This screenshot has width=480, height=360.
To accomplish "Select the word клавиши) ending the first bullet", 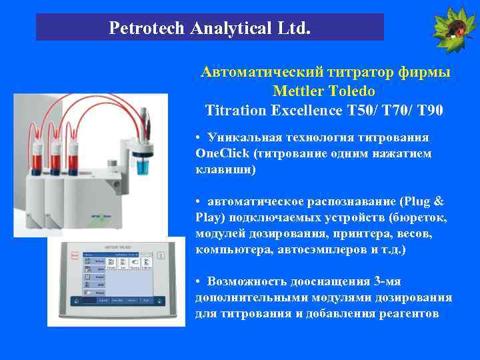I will (225, 169).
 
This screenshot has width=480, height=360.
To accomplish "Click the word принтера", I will (363, 233).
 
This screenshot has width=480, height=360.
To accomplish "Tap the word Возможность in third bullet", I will (248, 281).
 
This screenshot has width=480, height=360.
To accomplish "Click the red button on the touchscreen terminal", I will (68, 254).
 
